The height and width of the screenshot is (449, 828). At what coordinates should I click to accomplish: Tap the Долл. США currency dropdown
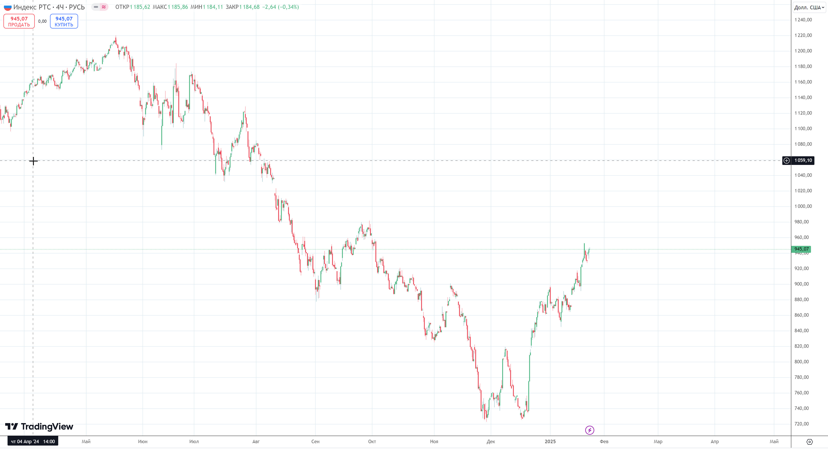pyautogui.click(x=809, y=7)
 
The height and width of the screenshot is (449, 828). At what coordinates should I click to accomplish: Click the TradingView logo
pyautogui.click(x=39, y=427)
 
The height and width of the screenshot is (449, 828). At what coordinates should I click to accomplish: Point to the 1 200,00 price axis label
pyautogui.click(x=803, y=51)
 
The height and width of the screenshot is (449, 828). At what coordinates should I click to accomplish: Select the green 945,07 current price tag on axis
pyautogui.click(x=801, y=249)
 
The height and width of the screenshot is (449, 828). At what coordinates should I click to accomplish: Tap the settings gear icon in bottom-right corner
pyautogui.click(x=809, y=442)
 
